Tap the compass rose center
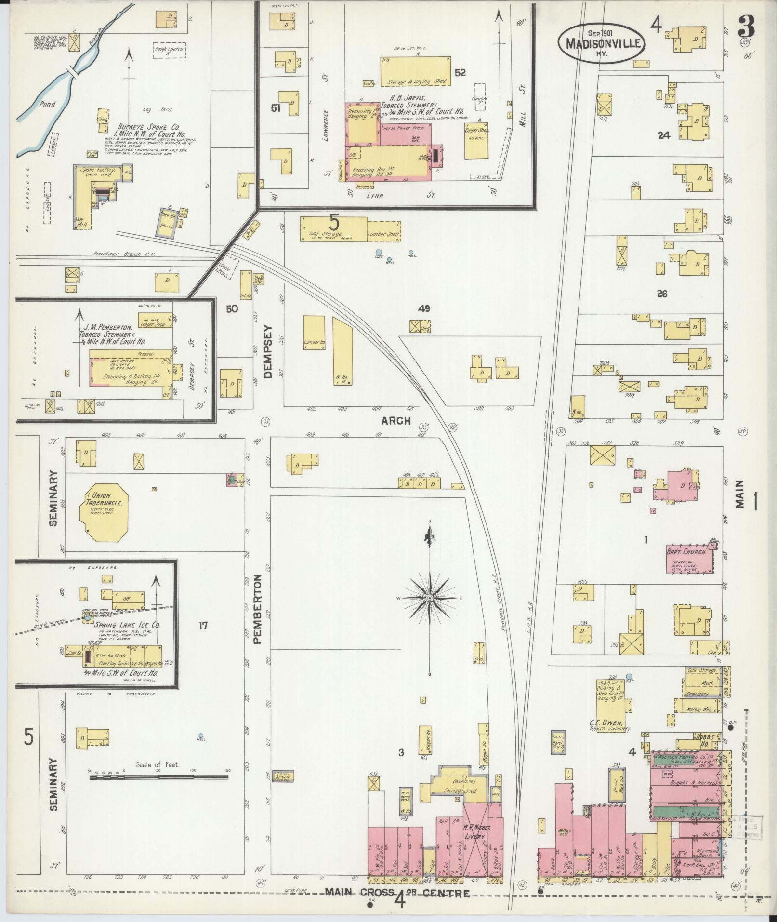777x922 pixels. point(429,598)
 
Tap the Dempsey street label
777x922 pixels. point(268,351)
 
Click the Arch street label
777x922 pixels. point(396,421)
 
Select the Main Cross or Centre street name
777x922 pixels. point(397,893)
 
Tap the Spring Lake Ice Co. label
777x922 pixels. point(128,625)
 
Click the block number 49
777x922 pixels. point(424,308)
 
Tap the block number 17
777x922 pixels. point(202,626)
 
